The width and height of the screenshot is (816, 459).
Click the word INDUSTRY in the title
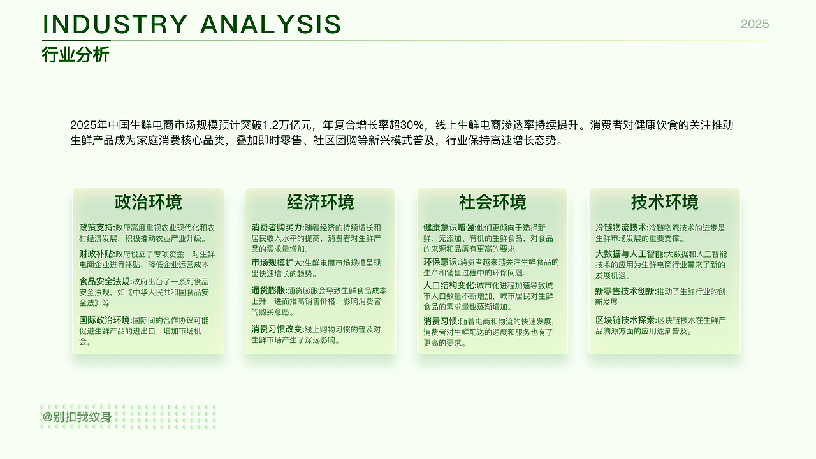click(x=115, y=24)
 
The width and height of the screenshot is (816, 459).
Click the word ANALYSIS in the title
click(x=270, y=24)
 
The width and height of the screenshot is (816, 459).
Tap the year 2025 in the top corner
click(x=755, y=24)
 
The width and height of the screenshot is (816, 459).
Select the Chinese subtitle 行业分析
click(x=76, y=55)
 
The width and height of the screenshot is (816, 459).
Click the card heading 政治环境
click(x=148, y=202)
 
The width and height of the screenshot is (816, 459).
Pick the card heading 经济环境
click(x=320, y=202)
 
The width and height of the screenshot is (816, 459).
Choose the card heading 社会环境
click(x=492, y=202)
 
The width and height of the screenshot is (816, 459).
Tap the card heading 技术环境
click(x=664, y=202)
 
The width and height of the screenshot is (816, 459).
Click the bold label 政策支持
click(x=96, y=228)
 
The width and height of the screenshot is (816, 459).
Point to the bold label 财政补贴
click(x=96, y=254)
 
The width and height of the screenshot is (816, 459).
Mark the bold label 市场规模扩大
click(x=277, y=263)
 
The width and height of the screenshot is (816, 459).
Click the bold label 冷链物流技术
click(x=621, y=228)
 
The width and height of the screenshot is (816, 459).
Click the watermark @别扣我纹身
click(x=77, y=418)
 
